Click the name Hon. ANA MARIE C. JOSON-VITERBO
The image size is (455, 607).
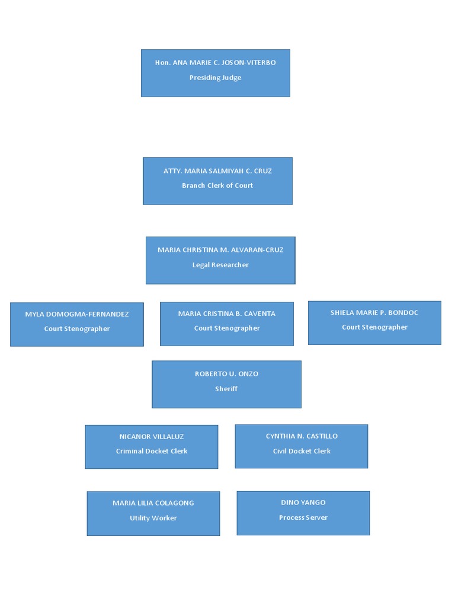pos(215,63)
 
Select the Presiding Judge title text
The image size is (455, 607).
pos(215,78)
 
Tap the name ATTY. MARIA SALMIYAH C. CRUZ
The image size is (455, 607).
pos(217,171)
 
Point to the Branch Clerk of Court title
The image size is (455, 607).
pos(217,186)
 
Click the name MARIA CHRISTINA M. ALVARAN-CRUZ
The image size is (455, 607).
pos(220,250)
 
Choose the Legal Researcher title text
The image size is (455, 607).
pos(220,265)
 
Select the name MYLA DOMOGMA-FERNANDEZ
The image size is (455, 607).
pos(77,314)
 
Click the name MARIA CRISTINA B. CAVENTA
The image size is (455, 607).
pos(227,314)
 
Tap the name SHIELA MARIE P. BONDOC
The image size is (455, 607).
pos(374,312)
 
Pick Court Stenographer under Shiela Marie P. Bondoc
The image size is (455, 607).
pos(374,327)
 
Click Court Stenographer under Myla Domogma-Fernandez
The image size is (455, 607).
pos(77,329)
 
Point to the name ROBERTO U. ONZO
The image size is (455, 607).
pos(226,374)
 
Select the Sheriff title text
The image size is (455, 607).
pos(226,389)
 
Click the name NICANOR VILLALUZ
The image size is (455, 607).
pos(152,437)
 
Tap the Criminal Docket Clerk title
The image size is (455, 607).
pos(152,451)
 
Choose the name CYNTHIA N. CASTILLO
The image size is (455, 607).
pos(302,436)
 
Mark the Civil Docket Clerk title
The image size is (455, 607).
pos(302,451)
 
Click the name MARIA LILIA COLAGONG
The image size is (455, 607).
pos(153,503)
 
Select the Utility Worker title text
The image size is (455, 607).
pos(153,518)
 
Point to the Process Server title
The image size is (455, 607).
pos(303,517)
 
